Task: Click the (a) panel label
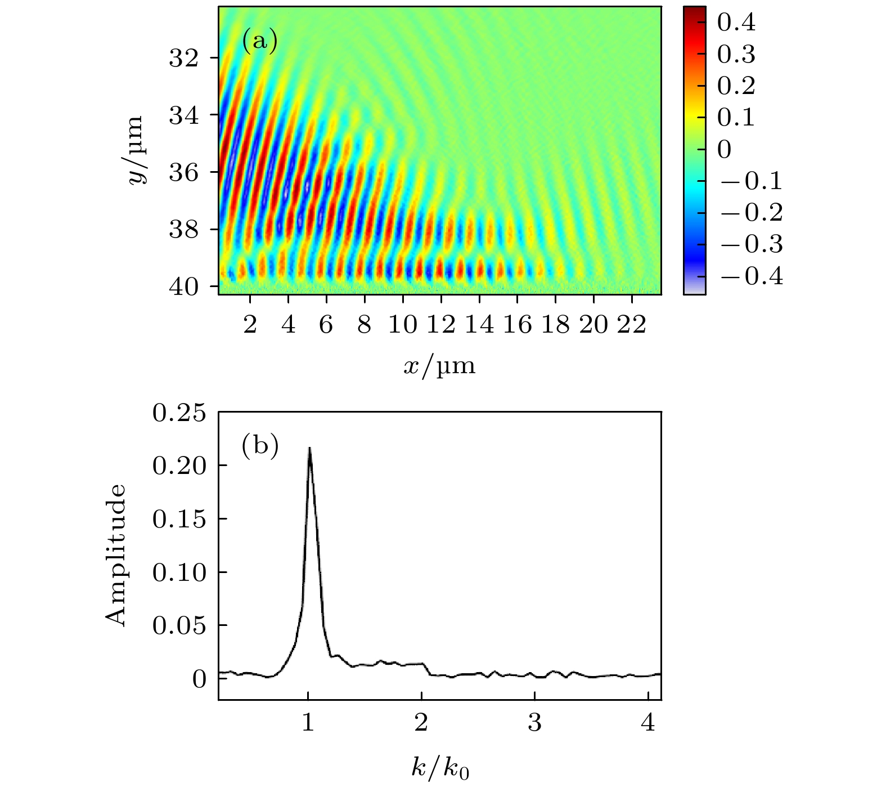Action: tap(259, 42)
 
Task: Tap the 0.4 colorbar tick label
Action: tap(736, 23)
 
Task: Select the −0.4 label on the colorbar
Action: tap(751, 276)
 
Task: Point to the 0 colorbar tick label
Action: tap(725, 150)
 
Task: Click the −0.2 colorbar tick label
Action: tap(751, 213)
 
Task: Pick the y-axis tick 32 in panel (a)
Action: tap(184, 58)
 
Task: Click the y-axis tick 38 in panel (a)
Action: tap(184, 230)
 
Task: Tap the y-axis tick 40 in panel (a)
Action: tap(184, 287)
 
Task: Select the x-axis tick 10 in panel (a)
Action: tap(403, 325)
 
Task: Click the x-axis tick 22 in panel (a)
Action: tap(631, 325)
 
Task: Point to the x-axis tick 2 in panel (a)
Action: tap(250, 325)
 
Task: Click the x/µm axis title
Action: tap(439, 366)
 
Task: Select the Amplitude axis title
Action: tap(116, 555)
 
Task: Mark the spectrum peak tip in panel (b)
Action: tap(309, 448)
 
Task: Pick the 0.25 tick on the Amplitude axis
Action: tap(179, 413)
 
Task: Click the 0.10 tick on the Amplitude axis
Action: tap(179, 572)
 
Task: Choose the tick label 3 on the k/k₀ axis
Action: tap(535, 723)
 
